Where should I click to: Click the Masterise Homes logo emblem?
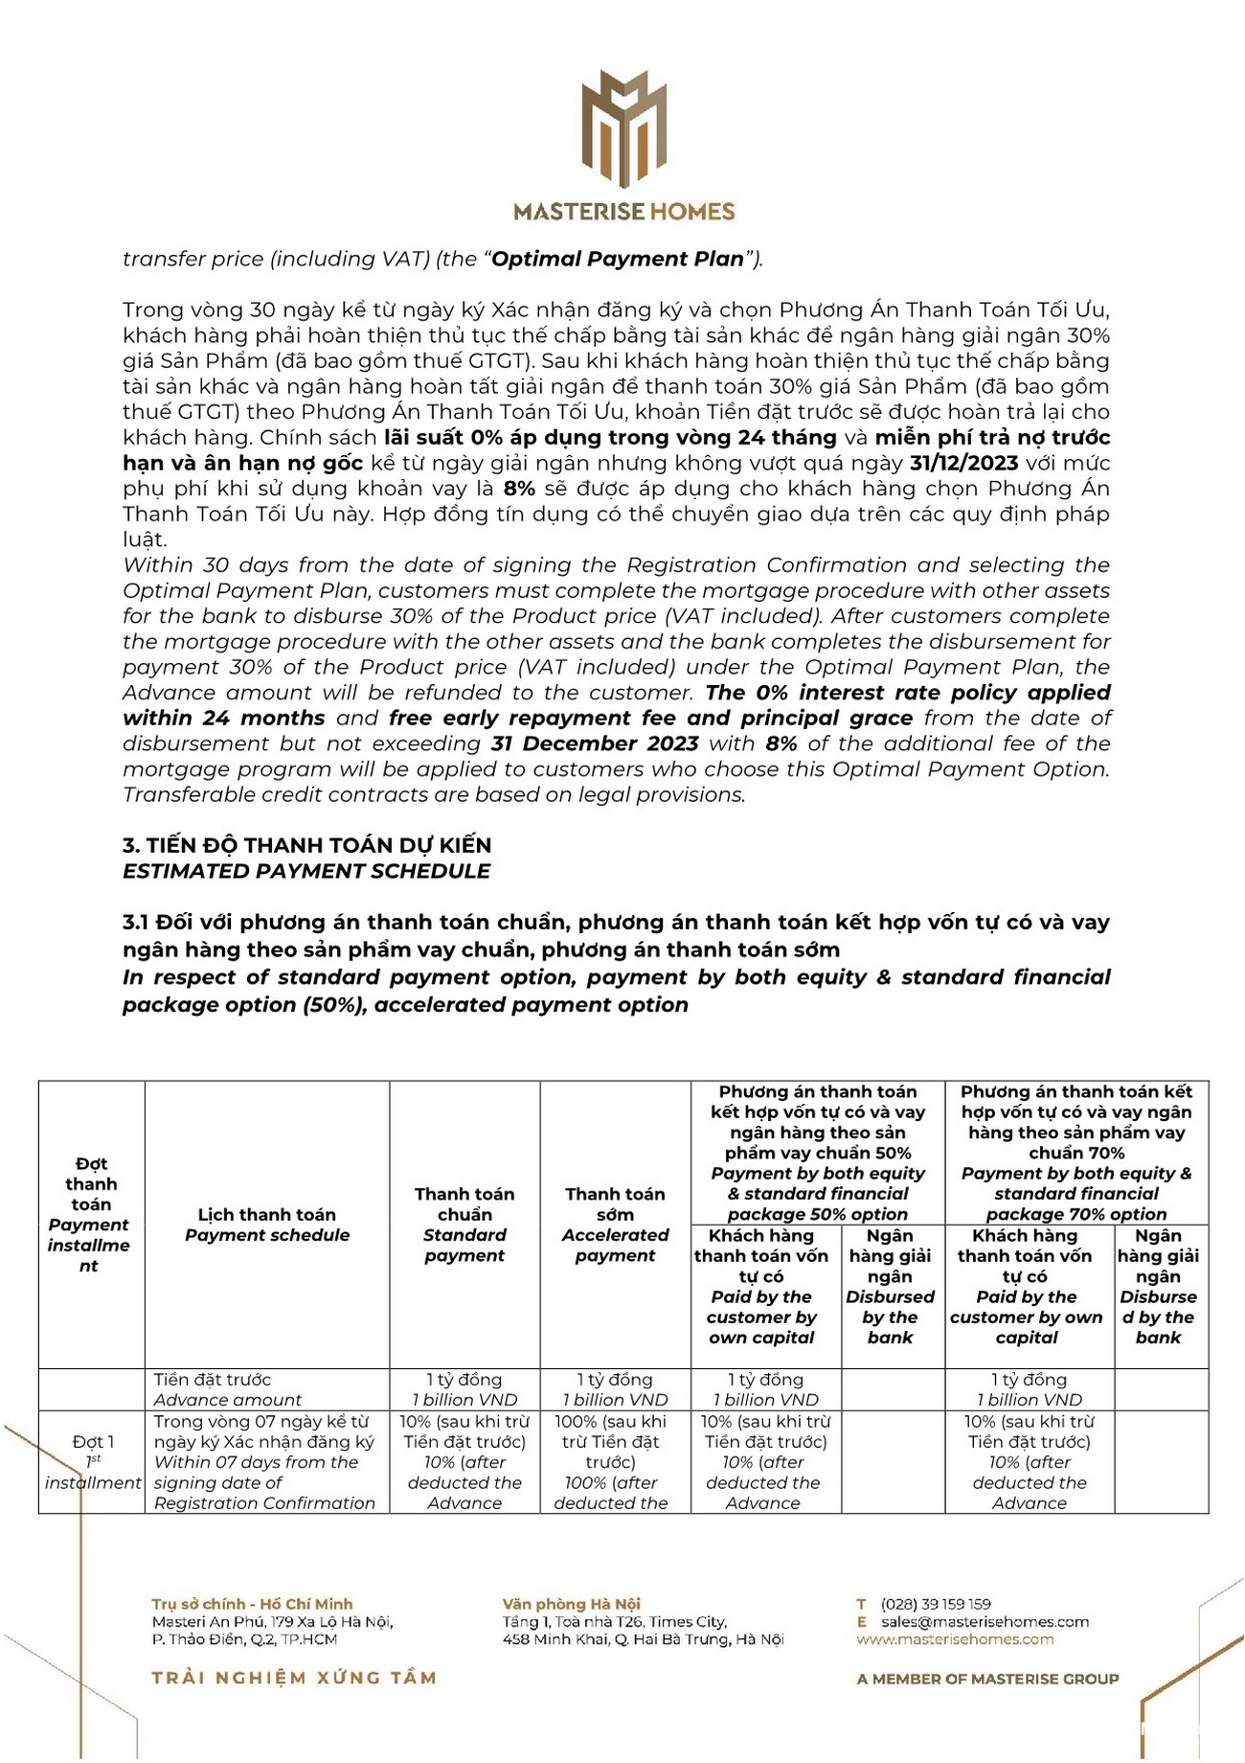[623, 127]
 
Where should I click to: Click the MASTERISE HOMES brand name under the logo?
[623, 212]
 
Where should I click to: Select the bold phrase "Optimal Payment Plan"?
[618, 259]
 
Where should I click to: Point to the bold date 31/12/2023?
[964, 464]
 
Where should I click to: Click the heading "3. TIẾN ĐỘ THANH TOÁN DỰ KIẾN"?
[306, 845]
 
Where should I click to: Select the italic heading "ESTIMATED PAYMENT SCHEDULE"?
[306, 871]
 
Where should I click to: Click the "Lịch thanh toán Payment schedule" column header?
[267, 1225]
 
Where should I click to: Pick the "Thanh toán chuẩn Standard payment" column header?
[464, 1225]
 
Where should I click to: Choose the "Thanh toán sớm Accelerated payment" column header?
[615, 1225]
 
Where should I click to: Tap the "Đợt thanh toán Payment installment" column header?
[91, 1215]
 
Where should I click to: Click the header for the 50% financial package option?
[818, 1153]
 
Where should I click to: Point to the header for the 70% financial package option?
[1076, 1153]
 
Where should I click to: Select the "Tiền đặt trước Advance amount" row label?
[227, 1389]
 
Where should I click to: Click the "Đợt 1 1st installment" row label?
[93, 1462]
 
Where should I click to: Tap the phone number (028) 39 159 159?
[936, 1604]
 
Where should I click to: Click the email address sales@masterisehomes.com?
[985, 1622]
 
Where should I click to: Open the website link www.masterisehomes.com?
[955, 1639]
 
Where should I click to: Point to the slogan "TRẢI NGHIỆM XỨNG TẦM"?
[294, 1678]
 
